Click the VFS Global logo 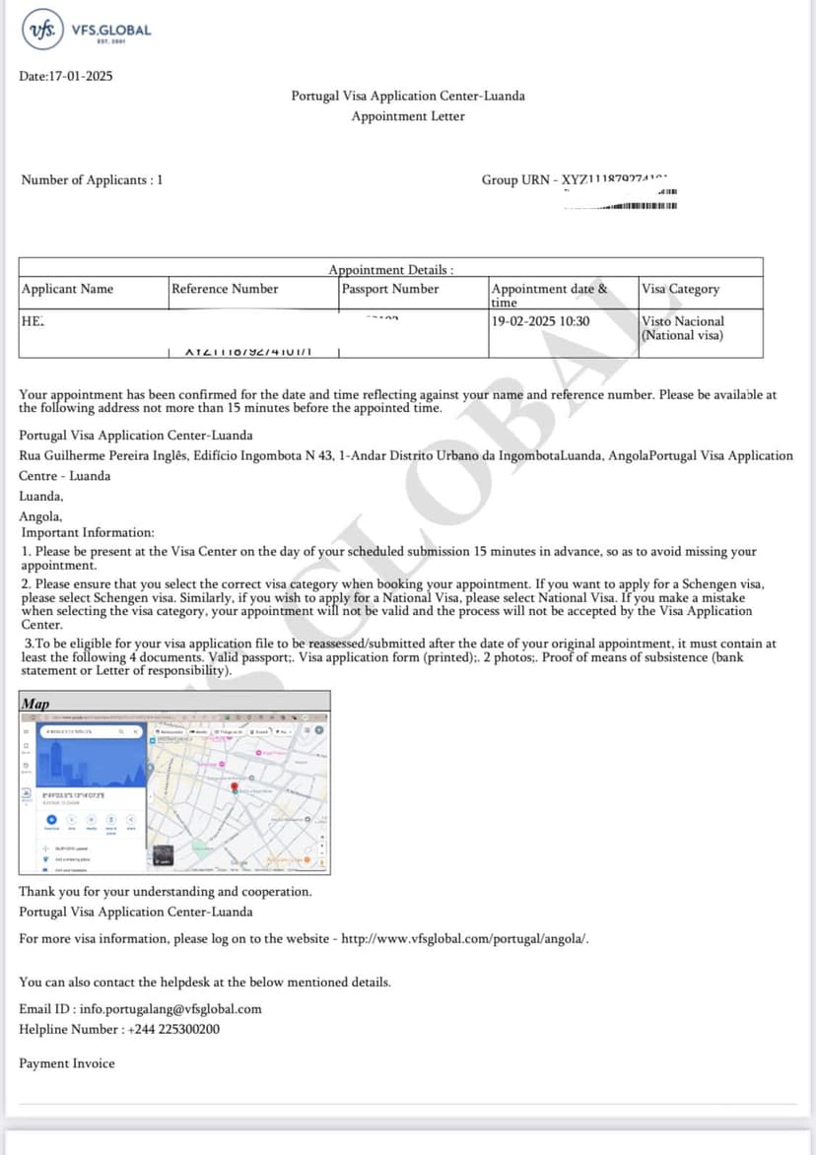[x=87, y=31]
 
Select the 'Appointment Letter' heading [x=408, y=116]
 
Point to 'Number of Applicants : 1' [x=93, y=179]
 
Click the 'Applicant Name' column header [x=68, y=289]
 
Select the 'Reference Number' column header [x=225, y=289]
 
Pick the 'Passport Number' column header [x=390, y=289]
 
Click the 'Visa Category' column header [x=681, y=289]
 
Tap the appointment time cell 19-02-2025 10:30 [x=541, y=321]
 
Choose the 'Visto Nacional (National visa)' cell [x=683, y=328]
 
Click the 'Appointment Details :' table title [x=391, y=269]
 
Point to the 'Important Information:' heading [x=88, y=532]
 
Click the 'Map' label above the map [x=35, y=704]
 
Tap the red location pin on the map [x=236, y=788]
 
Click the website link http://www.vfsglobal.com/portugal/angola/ [x=465, y=938]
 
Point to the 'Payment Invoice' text [x=67, y=1063]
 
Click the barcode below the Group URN [x=641, y=205]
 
